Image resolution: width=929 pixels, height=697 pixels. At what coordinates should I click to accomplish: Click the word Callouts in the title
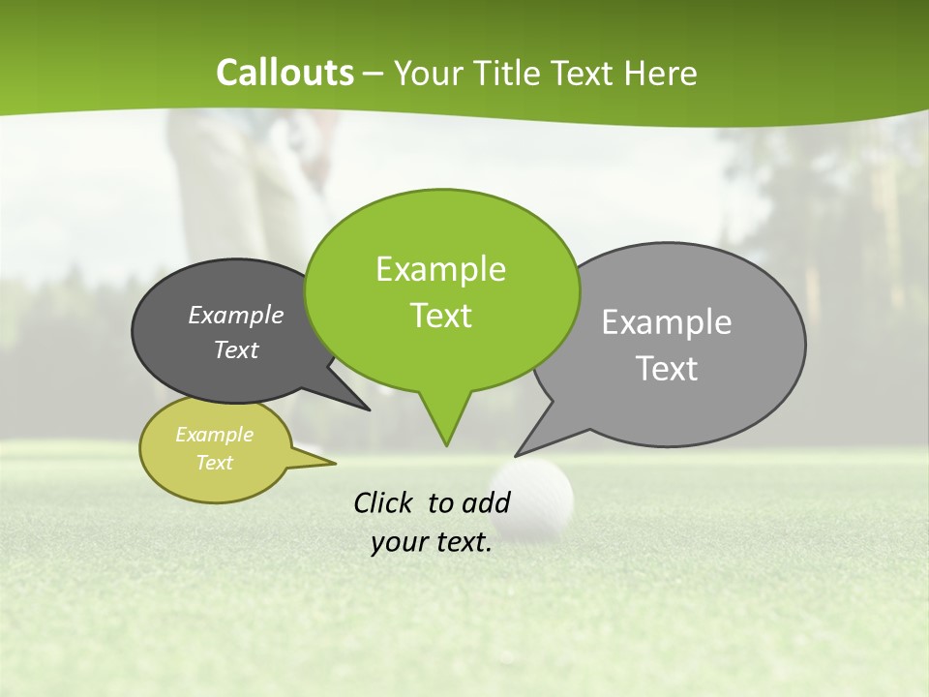click(285, 73)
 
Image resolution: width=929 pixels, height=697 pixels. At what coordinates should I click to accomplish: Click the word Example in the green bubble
click(440, 269)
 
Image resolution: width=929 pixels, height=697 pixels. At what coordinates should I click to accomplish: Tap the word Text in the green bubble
click(440, 316)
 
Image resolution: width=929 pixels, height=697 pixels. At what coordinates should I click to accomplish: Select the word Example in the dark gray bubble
click(236, 315)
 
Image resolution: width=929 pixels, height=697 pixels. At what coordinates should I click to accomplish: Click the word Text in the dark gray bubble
click(236, 349)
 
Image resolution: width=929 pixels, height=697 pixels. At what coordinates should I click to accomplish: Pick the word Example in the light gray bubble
click(667, 322)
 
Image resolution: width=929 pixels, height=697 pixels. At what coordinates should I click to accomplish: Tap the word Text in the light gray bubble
click(667, 369)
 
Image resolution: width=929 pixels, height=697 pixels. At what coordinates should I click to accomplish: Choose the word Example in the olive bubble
click(214, 435)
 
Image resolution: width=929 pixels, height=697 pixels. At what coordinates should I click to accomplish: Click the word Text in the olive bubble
click(214, 463)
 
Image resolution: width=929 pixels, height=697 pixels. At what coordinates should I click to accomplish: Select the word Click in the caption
click(385, 502)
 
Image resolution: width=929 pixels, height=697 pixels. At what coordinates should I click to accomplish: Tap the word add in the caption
click(486, 502)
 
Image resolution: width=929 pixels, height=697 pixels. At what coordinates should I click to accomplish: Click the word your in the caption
click(398, 542)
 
